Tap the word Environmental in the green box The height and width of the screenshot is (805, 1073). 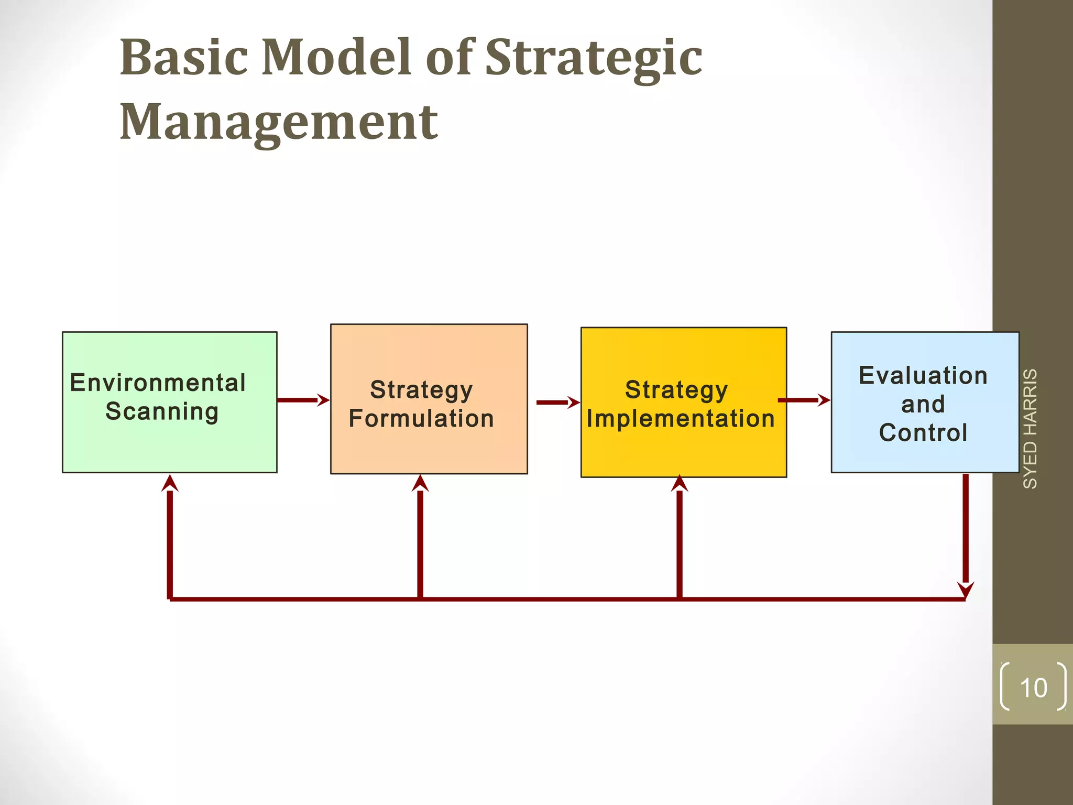158,383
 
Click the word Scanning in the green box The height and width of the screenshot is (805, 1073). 162,411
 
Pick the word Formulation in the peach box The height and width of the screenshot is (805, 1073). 421,419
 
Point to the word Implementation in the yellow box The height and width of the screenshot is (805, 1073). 681,419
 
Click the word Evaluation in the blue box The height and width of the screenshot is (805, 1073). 923,376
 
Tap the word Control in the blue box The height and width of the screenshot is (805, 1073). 923,433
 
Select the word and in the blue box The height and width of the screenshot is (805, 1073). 923,405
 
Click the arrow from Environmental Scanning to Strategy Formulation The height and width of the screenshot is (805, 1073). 303,400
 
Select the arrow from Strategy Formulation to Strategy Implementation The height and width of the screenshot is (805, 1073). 557,402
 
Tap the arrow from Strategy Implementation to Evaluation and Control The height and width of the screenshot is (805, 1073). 804,400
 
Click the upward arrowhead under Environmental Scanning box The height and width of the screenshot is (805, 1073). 170,483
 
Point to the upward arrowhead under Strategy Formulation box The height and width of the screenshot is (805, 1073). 420,483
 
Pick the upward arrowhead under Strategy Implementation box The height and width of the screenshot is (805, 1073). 680,483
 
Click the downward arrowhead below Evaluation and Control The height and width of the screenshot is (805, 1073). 966,589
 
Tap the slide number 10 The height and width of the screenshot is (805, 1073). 1033,688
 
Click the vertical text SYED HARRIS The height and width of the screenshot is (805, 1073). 1030,429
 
